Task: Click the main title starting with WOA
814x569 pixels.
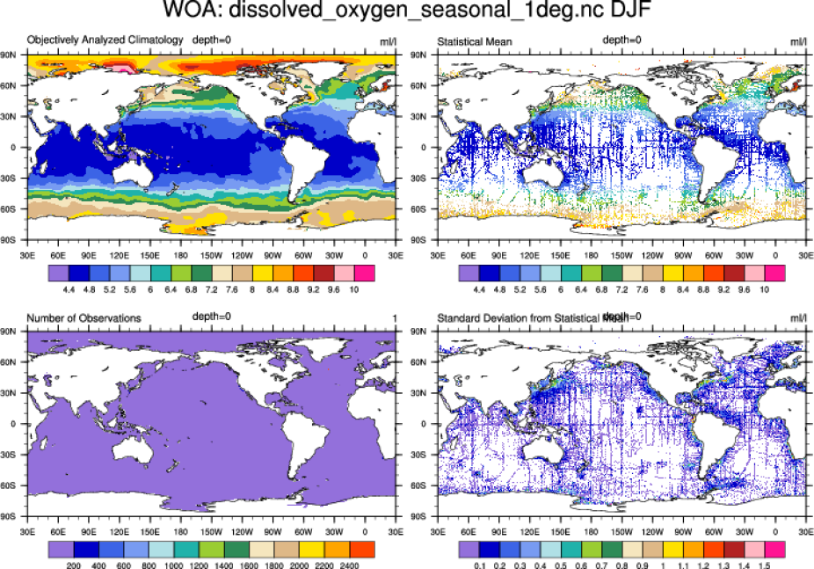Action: tap(407, 12)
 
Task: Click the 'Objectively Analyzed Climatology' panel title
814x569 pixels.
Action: tap(105, 40)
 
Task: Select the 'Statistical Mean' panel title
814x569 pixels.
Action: tap(474, 41)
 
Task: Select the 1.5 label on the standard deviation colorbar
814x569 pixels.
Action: tap(765, 566)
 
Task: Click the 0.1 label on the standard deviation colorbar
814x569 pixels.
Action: tap(479, 566)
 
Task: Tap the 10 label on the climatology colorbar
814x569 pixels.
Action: tap(354, 288)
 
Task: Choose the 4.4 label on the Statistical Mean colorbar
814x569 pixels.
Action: tap(479, 288)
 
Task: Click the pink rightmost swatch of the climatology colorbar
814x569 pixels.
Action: tap(365, 274)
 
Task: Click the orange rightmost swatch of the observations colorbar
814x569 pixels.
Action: tap(365, 551)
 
